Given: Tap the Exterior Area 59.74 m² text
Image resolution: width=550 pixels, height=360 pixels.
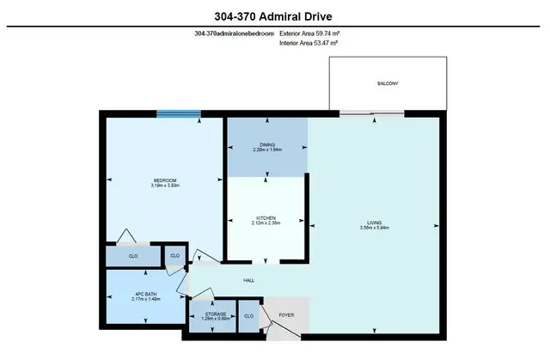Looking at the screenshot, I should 316,33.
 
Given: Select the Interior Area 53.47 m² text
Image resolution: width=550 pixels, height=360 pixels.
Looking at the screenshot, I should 315,43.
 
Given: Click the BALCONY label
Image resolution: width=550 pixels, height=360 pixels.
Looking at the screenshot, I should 388,83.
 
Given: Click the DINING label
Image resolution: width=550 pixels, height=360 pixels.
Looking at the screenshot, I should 267,144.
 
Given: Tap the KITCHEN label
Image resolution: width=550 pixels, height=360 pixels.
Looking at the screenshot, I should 266,217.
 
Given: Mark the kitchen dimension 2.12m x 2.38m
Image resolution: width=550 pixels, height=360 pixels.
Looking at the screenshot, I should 266,223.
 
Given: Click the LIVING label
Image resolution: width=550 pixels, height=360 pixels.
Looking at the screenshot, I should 375,223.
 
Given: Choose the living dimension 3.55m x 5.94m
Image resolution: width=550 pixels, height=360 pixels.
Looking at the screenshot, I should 375,228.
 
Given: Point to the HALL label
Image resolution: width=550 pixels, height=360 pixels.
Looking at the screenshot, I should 247,280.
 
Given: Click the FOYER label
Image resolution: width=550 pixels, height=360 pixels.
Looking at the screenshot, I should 286,316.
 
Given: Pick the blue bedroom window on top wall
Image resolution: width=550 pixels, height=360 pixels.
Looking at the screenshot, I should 179,113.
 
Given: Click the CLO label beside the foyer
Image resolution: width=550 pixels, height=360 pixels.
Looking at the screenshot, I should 249,316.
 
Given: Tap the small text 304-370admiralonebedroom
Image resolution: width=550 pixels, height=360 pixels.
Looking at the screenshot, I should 235,33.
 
